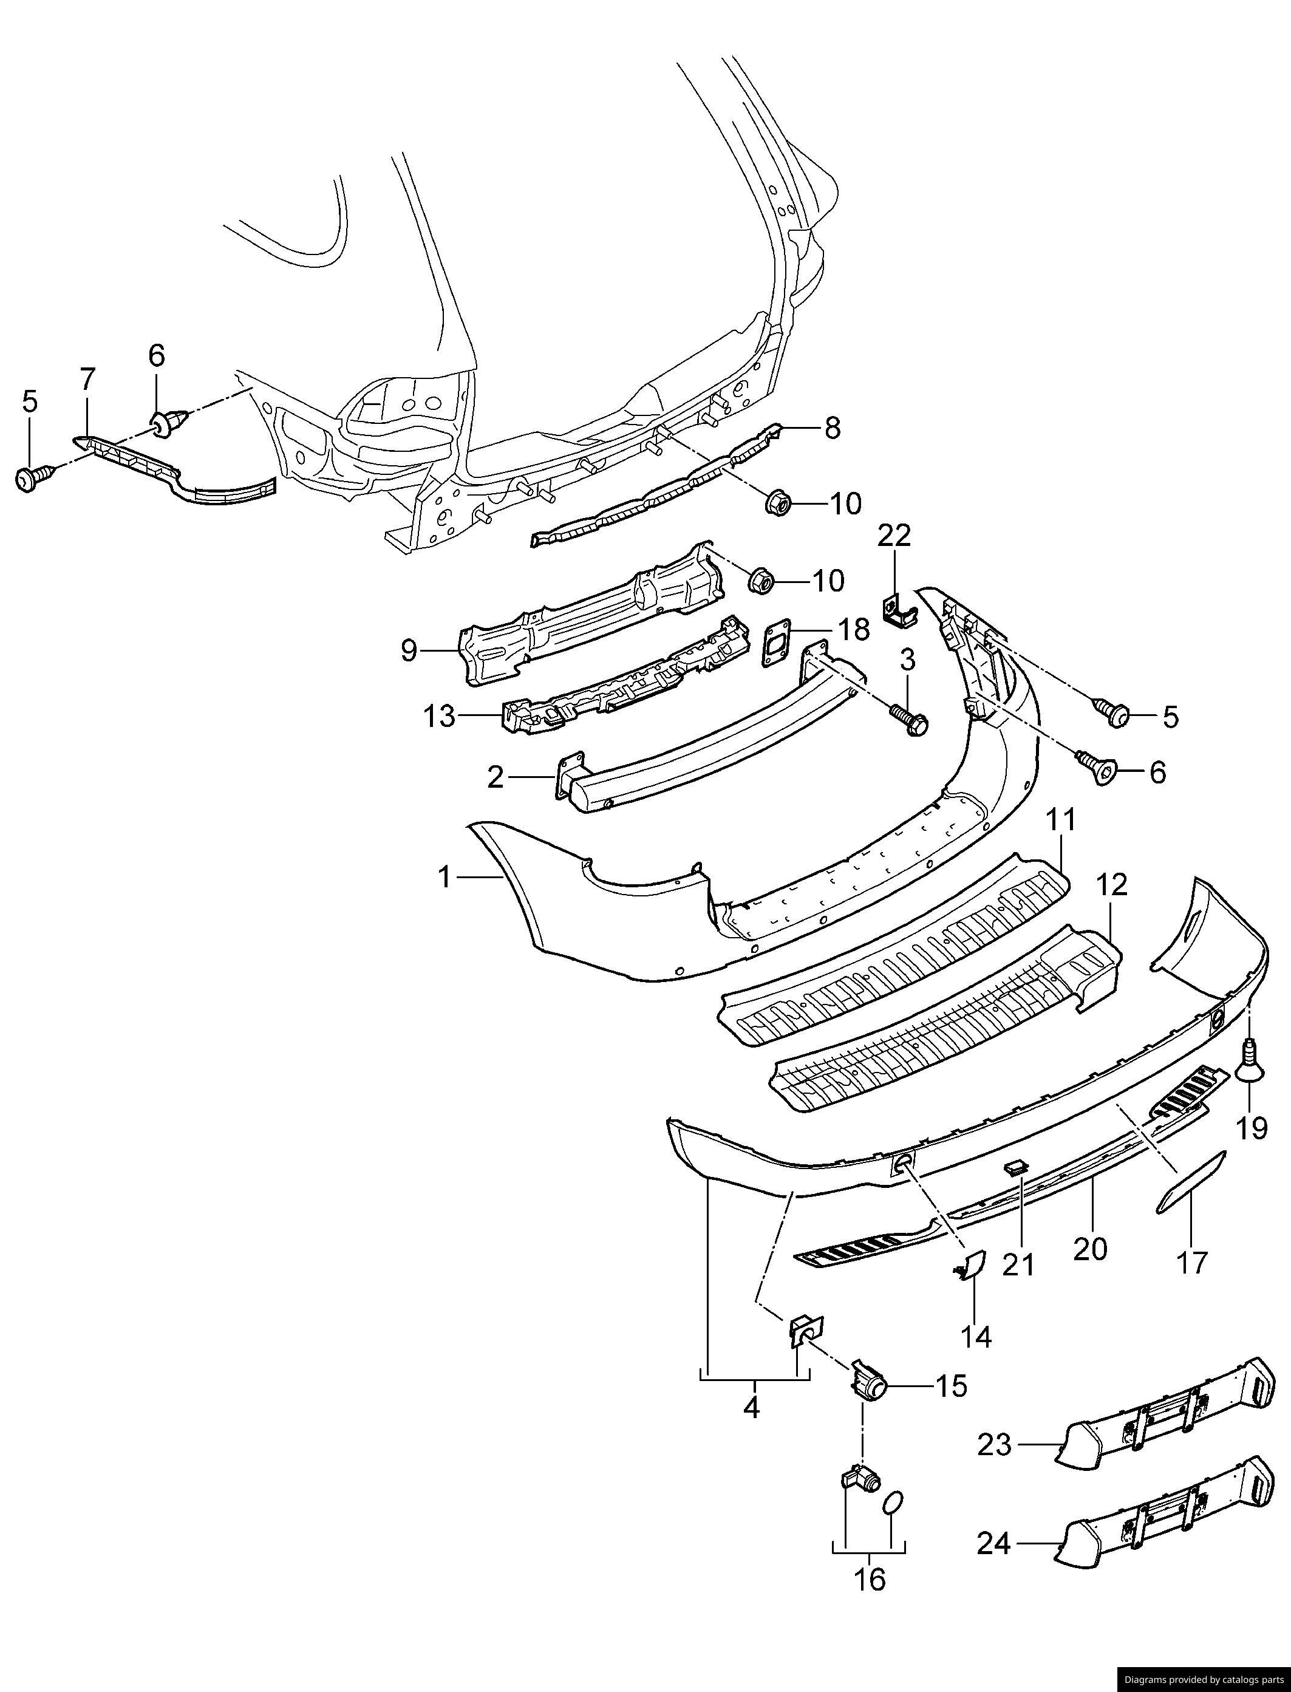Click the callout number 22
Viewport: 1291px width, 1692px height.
(x=895, y=536)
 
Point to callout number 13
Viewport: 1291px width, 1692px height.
(x=440, y=717)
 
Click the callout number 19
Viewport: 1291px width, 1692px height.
(x=1252, y=1128)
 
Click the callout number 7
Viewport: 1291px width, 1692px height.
(x=87, y=379)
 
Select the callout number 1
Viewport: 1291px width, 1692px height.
(x=445, y=877)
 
